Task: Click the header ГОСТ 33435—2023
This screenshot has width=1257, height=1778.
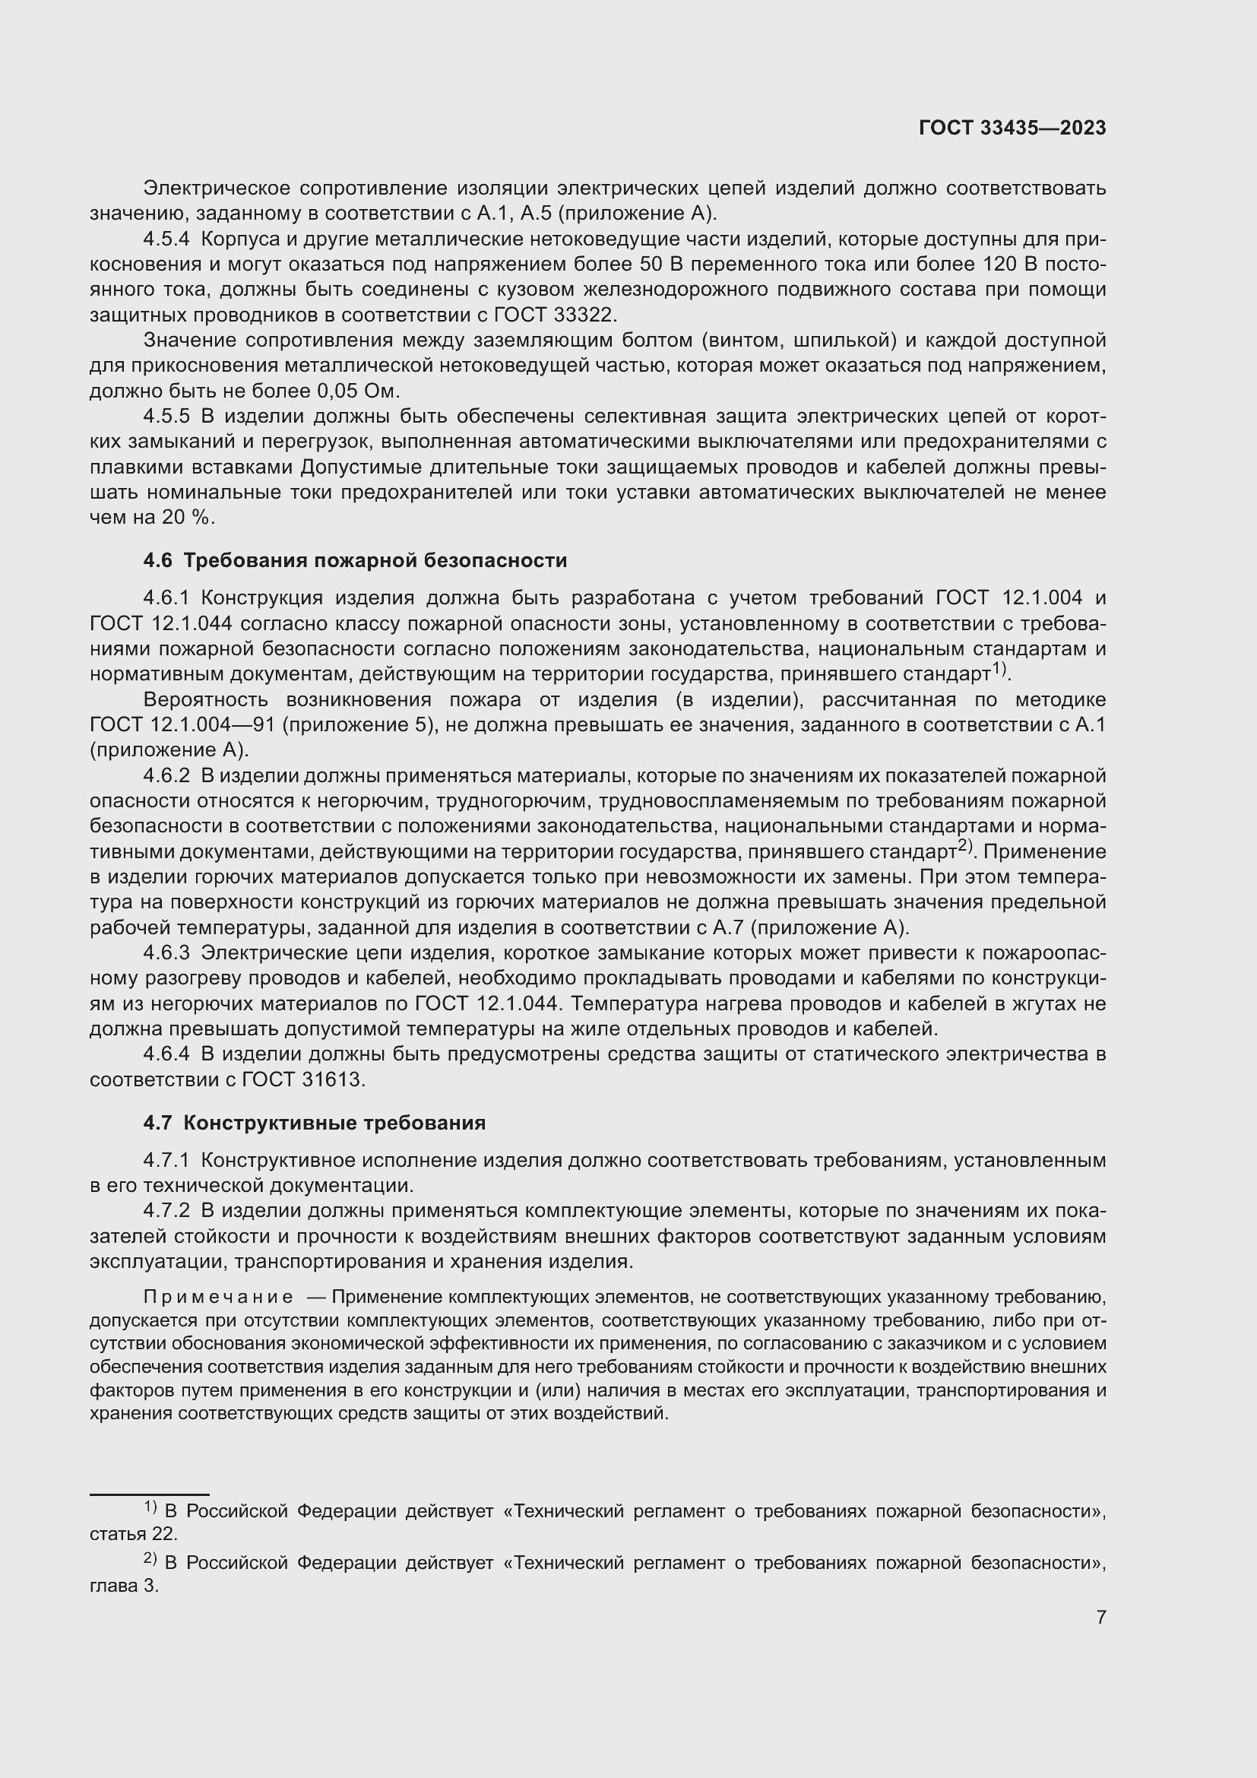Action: pyautogui.click(x=1012, y=128)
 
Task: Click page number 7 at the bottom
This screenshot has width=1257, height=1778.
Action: pyautogui.click(x=1100, y=1616)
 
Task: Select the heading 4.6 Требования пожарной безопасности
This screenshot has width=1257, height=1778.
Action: pyautogui.click(x=354, y=560)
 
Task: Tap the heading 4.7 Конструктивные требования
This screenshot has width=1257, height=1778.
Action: pyautogui.click(x=315, y=1122)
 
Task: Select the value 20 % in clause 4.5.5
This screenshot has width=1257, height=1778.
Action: pyautogui.click(x=185, y=518)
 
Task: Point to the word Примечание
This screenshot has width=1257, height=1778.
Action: pyautogui.click(x=218, y=1297)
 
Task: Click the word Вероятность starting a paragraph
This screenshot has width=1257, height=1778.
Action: pyautogui.click(x=205, y=700)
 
